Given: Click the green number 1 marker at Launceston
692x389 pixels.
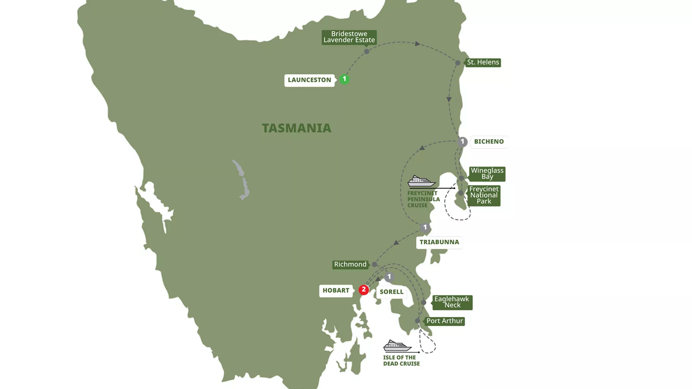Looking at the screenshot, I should click(344, 79).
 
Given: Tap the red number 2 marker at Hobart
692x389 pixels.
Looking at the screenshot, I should click(363, 290).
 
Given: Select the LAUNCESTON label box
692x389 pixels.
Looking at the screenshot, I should click(309, 80).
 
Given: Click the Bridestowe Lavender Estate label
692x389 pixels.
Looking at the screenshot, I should click(349, 37).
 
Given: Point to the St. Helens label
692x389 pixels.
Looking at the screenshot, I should click(483, 62).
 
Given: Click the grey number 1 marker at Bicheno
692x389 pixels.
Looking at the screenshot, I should click(462, 142).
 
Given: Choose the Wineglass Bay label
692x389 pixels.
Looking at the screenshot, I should click(487, 174).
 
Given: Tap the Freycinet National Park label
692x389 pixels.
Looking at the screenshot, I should click(484, 195).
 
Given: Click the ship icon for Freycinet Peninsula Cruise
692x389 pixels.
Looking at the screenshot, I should click(421, 181).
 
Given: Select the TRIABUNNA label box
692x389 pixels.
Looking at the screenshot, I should click(439, 242).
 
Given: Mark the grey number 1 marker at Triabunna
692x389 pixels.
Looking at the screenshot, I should click(425, 227).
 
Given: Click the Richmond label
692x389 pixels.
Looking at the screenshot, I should click(350, 264).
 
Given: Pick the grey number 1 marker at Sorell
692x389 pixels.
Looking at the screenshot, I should click(389, 277).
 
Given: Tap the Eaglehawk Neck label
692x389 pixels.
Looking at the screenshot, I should click(452, 302).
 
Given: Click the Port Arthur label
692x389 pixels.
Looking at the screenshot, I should click(445, 321).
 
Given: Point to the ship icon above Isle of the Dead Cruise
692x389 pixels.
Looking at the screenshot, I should click(397, 346).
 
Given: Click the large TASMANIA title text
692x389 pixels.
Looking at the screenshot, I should click(297, 128).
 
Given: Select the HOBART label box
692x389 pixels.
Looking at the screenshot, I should click(336, 290).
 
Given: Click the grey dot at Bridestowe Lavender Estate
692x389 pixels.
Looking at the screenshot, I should click(366, 52).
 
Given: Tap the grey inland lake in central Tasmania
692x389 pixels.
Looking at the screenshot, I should click(242, 180).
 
